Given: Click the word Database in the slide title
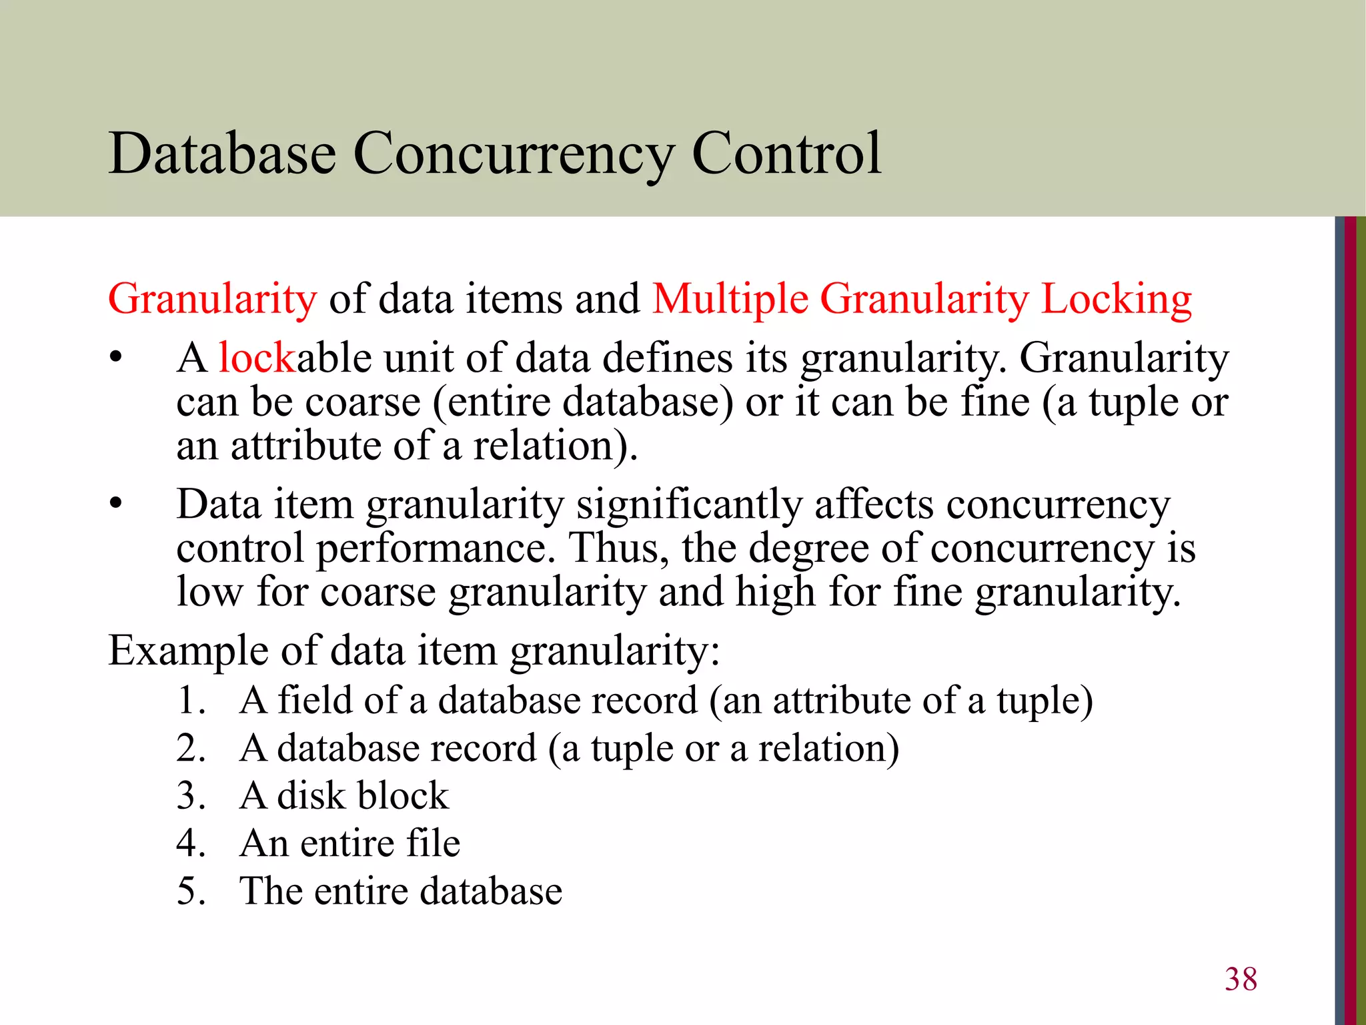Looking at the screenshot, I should (x=222, y=153).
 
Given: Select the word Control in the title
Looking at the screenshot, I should (x=787, y=153).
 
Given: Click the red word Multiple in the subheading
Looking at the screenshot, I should (x=730, y=298).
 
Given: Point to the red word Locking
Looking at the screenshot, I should (x=1116, y=298).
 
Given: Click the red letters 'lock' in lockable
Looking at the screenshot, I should (x=257, y=357).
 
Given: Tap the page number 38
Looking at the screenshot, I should (x=1241, y=979).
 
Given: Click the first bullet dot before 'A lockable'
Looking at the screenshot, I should (x=117, y=358).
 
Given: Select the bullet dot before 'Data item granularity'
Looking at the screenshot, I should (x=117, y=504).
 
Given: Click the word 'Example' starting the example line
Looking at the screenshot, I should (x=188, y=651).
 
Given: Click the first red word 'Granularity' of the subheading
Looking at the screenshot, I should (x=212, y=298).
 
